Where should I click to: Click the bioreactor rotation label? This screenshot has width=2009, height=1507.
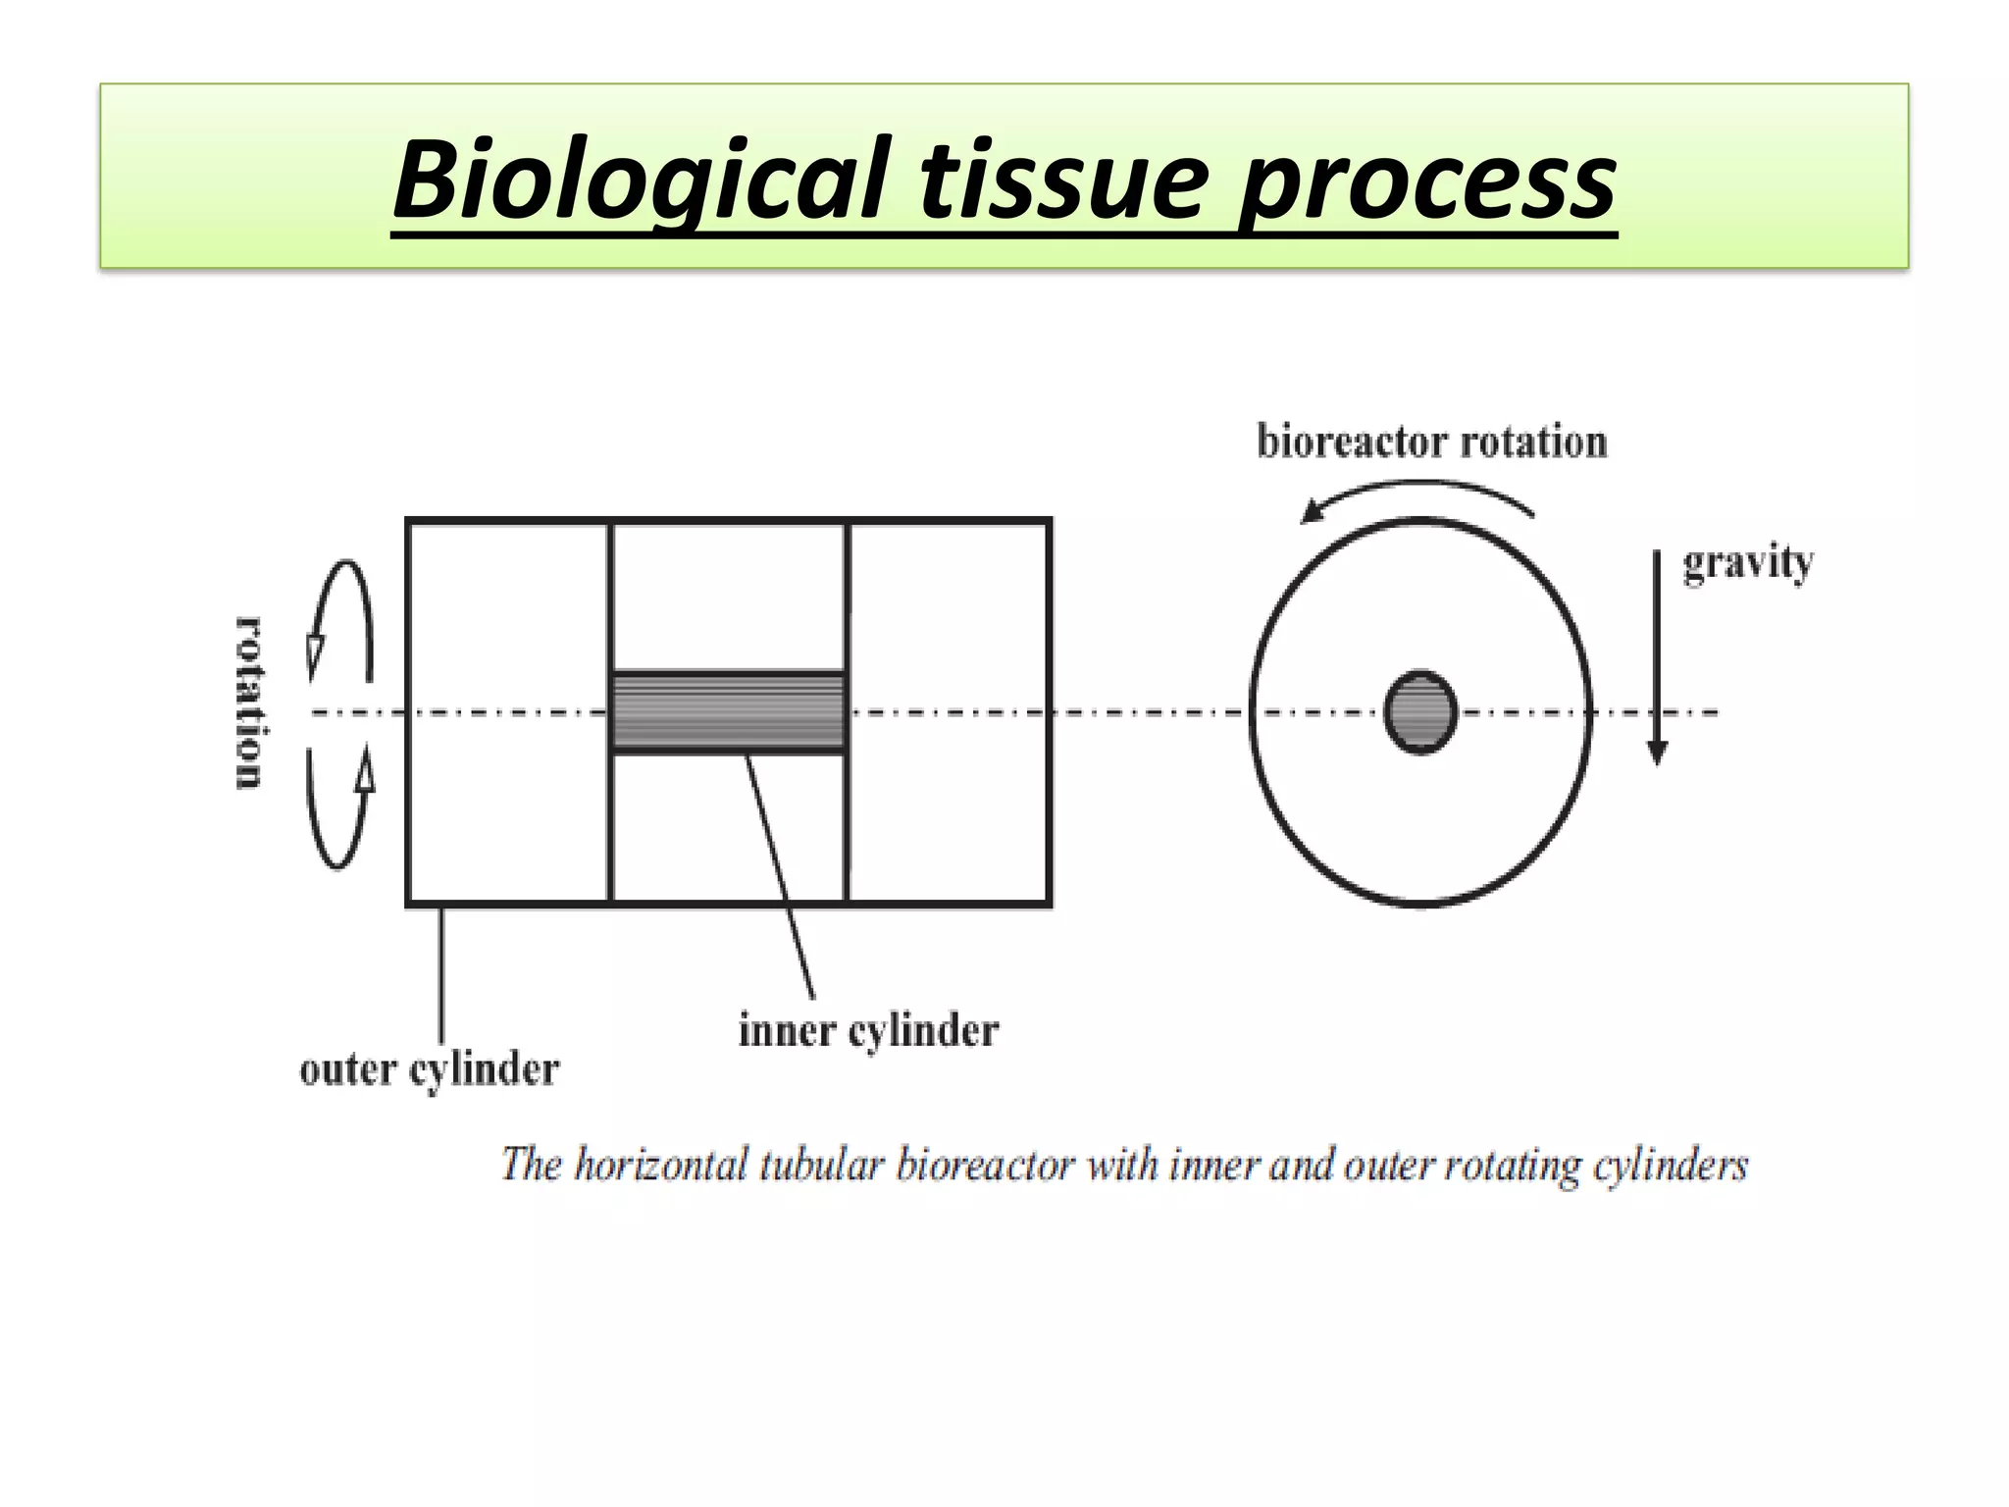[x=1432, y=442]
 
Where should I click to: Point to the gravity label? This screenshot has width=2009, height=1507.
[x=1748, y=564]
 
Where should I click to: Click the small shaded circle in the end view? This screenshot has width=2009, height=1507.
[x=1420, y=712]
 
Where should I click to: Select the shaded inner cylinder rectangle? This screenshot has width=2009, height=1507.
[x=728, y=711]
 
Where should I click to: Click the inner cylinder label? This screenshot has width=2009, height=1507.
[x=868, y=1030]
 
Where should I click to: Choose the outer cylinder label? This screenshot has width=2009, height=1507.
[x=430, y=1068]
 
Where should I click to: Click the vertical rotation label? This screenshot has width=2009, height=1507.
[x=249, y=702]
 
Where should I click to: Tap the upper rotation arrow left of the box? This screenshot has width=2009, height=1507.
[x=340, y=620]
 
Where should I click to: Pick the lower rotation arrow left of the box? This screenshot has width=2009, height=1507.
[x=338, y=808]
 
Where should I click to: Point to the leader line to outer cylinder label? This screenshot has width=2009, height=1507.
[x=440, y=971]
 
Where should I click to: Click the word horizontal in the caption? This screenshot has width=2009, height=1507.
[x=660, y=1165]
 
